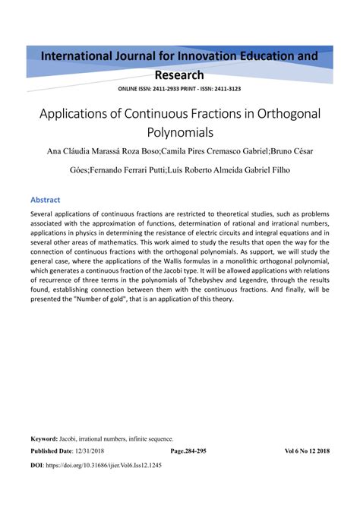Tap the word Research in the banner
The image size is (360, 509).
(179, 74)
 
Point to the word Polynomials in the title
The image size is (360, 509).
(179, 132)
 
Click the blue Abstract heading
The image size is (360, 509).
(45, 200)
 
